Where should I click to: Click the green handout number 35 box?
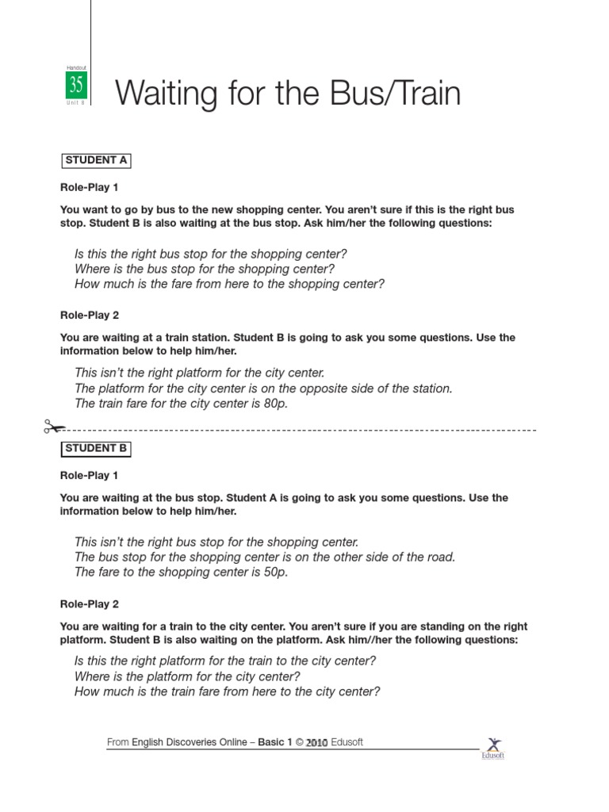pos(76,85)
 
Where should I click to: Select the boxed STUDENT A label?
pos(96,160)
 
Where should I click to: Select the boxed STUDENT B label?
pos(96,449)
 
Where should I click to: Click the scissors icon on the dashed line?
pos(54,428)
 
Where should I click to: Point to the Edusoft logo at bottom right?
pos(493,747)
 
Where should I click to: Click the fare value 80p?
pos(276,404)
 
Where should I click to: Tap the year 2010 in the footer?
pos(316,744)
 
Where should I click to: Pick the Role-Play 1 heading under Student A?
pos(89,188)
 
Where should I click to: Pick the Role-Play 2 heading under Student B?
pos(89,604)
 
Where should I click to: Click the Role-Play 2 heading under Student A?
pos(89,316)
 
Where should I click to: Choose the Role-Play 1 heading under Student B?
pos(89,476)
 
